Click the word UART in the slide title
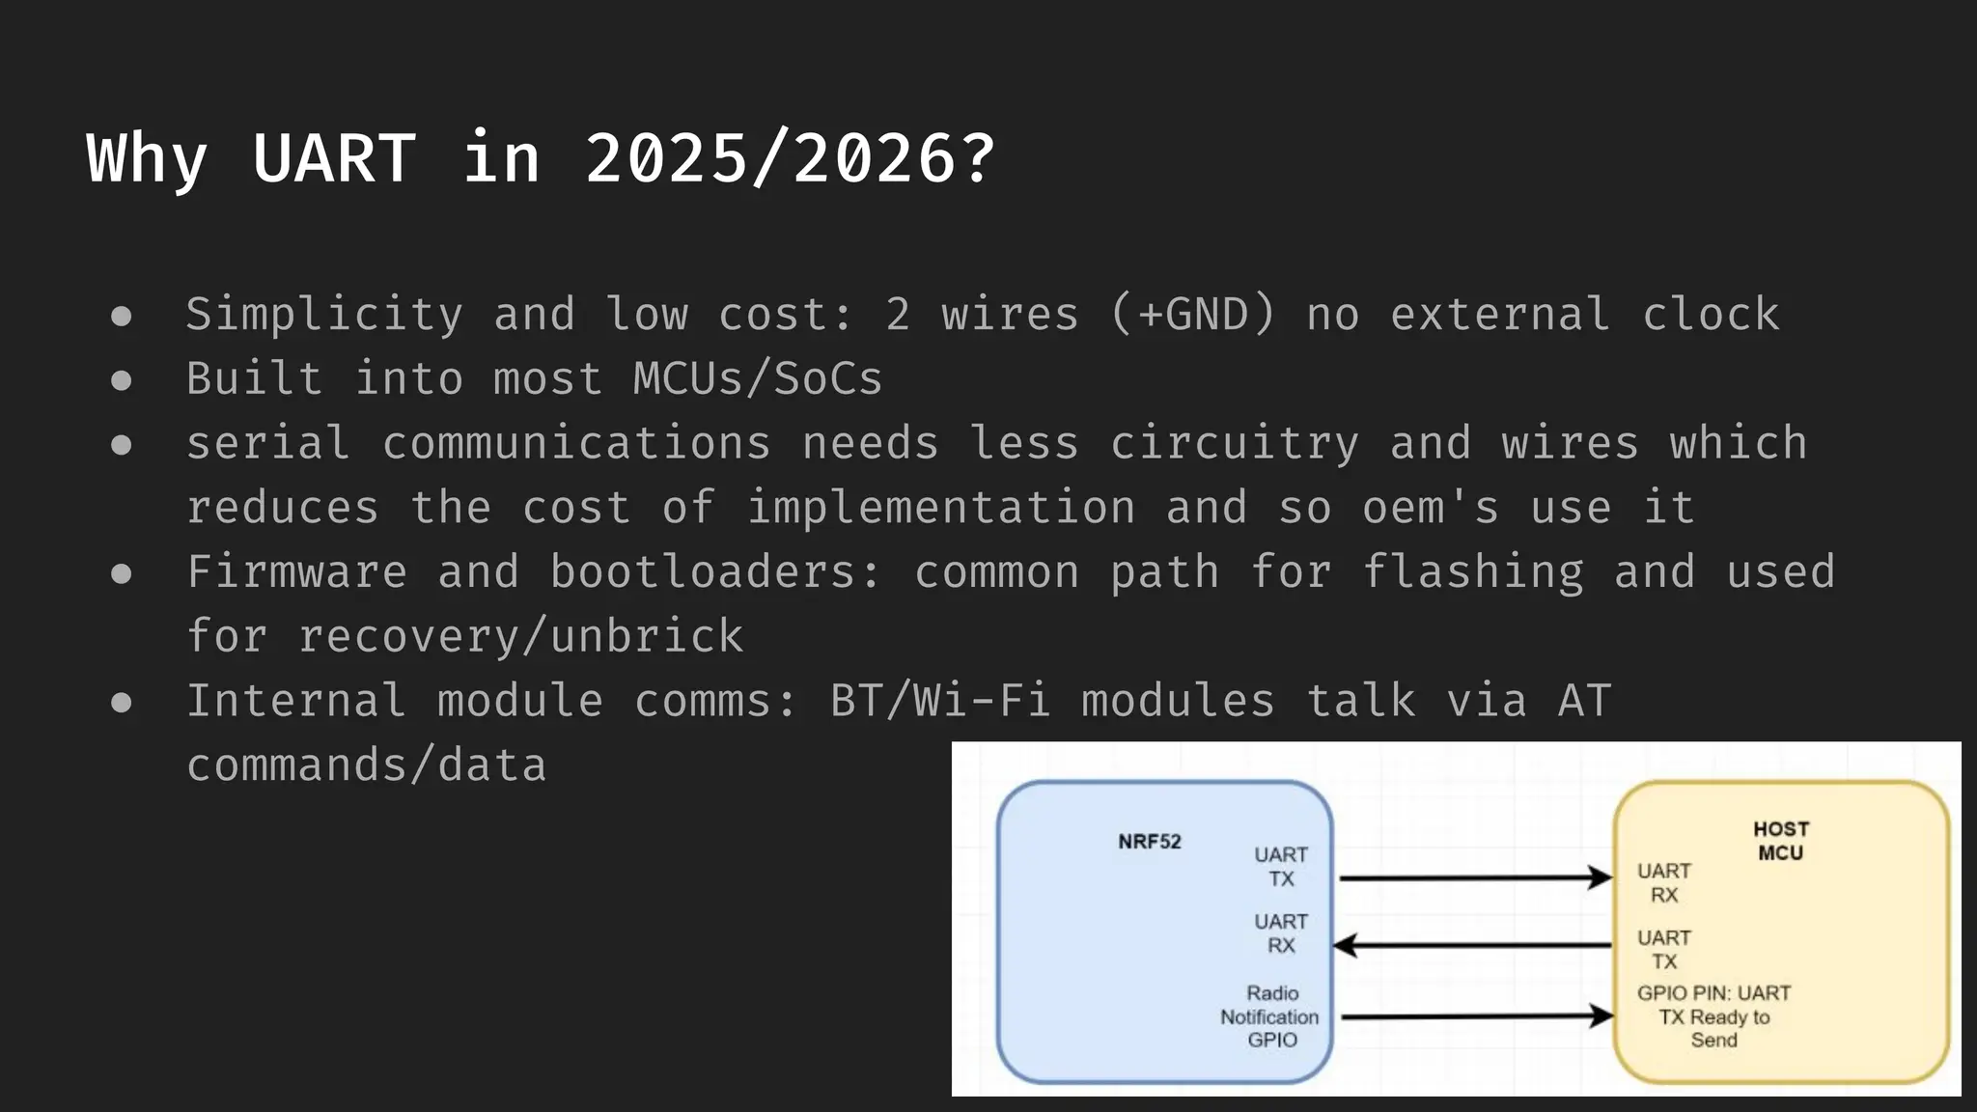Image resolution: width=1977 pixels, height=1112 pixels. pos(334,158)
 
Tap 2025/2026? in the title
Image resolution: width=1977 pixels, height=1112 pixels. pos(790,158)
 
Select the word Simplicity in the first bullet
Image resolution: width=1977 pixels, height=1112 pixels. pos(324,315)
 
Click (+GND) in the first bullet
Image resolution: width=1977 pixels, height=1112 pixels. pos(1193,315)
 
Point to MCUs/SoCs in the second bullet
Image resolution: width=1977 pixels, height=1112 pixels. pos(758,378)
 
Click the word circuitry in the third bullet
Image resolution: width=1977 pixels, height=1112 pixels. pos(1235,443)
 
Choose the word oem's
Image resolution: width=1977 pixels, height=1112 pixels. pos(1431,508)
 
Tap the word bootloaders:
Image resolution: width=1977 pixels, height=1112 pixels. pos(715,571)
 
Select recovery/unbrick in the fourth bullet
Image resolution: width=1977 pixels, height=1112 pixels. pos(521,636)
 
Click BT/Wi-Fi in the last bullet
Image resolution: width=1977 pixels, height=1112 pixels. pos(940,701)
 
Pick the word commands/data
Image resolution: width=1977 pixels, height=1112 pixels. pos(367,765)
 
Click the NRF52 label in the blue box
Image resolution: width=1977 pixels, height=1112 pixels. pos(1150,842)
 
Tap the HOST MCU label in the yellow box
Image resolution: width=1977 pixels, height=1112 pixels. pos(1781,841)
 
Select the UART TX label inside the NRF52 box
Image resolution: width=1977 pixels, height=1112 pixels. pos(1281,867)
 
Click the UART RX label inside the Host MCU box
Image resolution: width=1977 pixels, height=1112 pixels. pos(1664,882)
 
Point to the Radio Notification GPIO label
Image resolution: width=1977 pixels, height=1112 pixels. pos(1270,1016)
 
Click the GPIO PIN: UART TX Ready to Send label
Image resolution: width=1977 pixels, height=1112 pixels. pos(1713,1016)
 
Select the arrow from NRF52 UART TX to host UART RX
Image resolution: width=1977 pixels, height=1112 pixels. pos(1474,878)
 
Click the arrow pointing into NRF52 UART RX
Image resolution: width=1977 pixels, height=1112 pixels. pos(1474,945)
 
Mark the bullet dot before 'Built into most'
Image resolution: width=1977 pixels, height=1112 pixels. pos(122,380)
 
